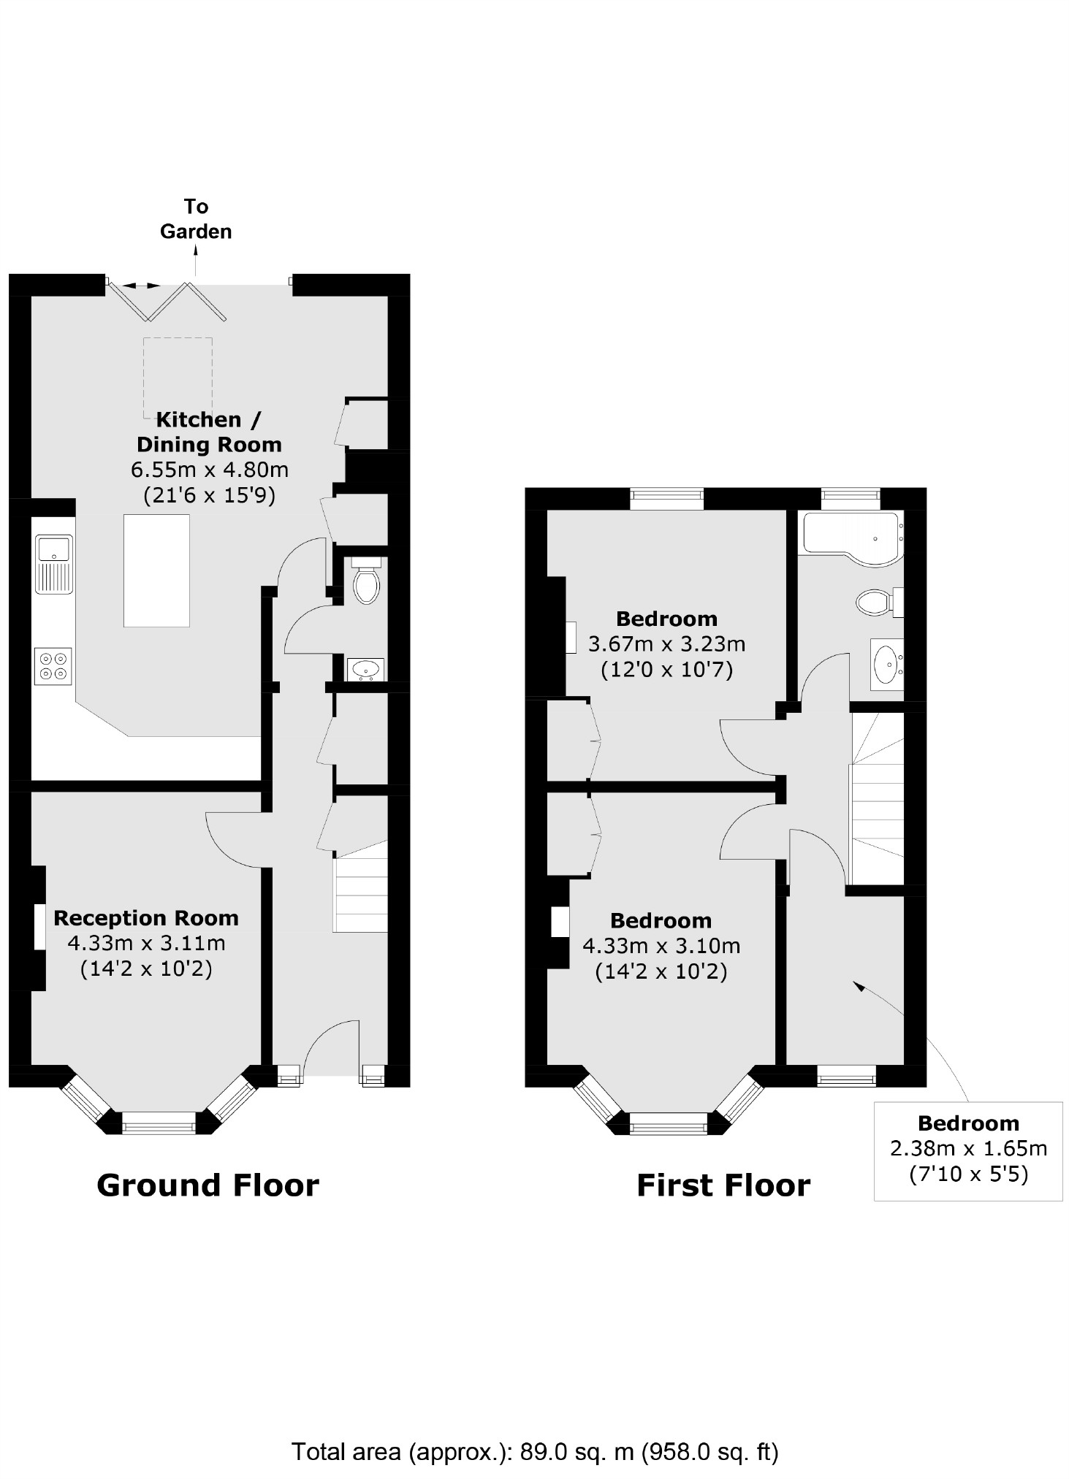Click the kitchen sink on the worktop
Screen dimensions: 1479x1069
coord(54,564)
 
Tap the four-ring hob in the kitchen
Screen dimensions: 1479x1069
coord(53,666)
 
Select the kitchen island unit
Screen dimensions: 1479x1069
coord(156,570)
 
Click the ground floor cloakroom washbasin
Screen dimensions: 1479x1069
coord(365,668)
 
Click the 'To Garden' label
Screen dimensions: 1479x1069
coord(196,219)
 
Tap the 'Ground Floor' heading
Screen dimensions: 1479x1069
coord(208,1185)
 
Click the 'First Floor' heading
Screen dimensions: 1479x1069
coord(723,1185)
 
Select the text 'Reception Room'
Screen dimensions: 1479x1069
coord(146,918)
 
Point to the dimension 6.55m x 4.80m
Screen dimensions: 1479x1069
coord(209,470)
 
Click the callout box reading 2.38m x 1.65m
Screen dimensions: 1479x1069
coord(968,1150)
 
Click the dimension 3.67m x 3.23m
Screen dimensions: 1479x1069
coord(666,644)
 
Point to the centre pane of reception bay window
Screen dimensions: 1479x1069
coord(159,1123)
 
